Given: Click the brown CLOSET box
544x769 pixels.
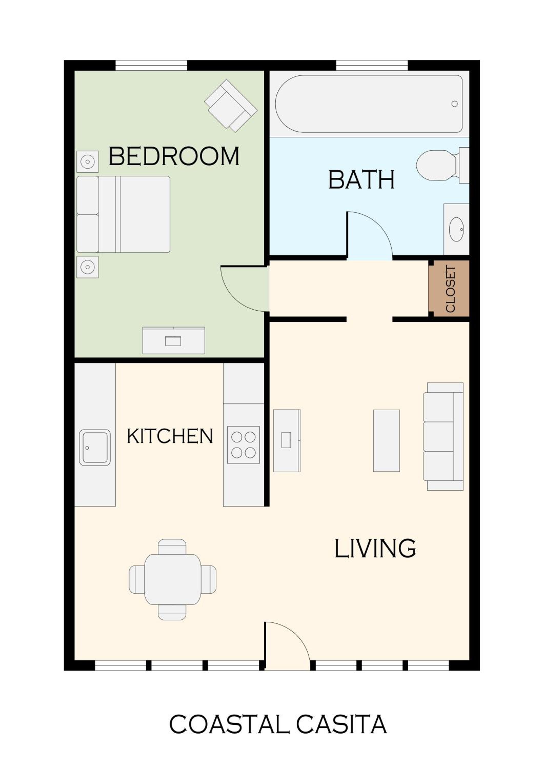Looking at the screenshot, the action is pyautogui.click(x=449, y=289).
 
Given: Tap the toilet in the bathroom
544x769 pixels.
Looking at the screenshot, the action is pyautogui.click(x=442, y=165).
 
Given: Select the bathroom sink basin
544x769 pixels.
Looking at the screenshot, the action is pyautogui.click(x=456, y=229).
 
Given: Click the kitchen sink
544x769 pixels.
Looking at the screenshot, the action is pyautogui.click(x=95, y=448).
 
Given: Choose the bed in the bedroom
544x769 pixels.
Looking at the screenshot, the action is pyautogui.click(x=123, y=214).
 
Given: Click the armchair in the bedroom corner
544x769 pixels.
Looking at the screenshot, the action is pyautogui.click(x=231, y=106).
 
